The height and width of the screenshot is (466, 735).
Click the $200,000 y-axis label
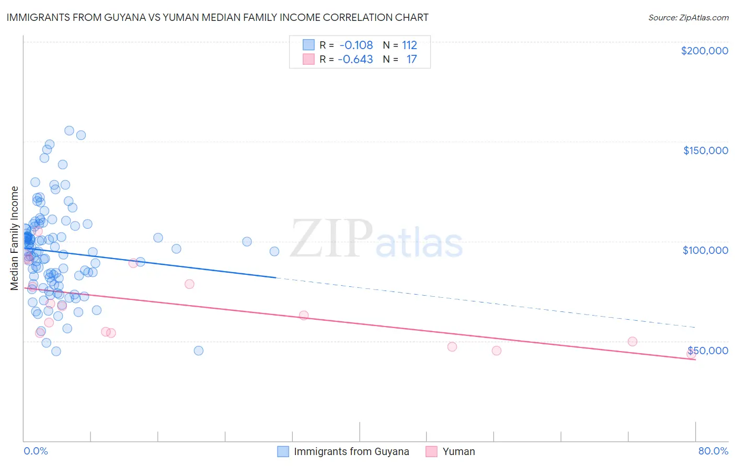[704, 51]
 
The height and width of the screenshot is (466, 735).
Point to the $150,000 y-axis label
[705, 150]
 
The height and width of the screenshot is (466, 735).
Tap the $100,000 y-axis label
[705, 250]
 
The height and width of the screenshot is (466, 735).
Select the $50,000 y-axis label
[707, 351]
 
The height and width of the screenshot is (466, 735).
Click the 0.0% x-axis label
[36, 451]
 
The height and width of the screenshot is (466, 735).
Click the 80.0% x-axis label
[713, 451]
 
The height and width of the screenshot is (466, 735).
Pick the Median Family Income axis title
[15, 238]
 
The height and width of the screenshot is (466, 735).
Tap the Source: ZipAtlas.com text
[688, 18]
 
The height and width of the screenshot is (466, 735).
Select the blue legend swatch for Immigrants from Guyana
[283, 451]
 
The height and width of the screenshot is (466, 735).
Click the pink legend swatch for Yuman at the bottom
[431, 451]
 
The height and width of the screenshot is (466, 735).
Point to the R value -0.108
[356, 45]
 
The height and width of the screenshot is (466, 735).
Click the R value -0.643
[355, 60]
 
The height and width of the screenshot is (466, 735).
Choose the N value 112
[409, 45]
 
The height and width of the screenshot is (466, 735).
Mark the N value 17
[411, 60]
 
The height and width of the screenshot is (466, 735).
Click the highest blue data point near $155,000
[69, 131]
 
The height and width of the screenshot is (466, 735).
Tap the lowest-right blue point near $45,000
[199, 351]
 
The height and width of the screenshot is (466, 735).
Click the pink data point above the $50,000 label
[633, 342]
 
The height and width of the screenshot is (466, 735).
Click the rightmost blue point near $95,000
[274, 251]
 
